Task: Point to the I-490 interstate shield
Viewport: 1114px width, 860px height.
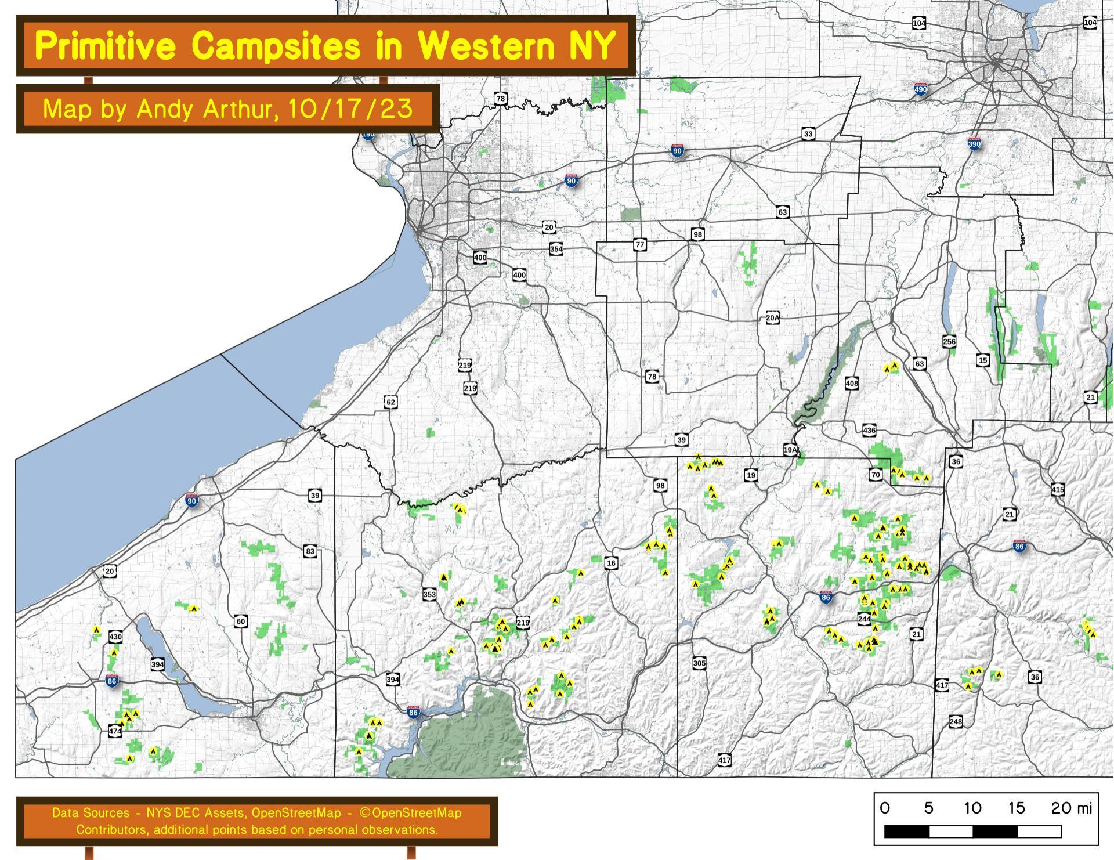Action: coord(920,89)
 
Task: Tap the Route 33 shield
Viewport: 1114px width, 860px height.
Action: coord(808,135)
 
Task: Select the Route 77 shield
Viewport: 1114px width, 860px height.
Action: coord(639,244)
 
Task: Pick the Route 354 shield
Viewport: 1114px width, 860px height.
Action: coord(556,250)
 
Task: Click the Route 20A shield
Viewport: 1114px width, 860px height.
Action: coord(772,318)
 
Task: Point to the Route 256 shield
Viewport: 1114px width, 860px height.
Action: coord(949,341)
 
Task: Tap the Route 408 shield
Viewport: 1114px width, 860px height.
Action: coord(851,384)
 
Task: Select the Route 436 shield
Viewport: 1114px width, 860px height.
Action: coord(869,430)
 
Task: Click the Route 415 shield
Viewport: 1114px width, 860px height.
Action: coord(1057,490)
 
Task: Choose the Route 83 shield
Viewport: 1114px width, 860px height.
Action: coord(310,551)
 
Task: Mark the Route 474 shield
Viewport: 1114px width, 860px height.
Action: coord(115,731)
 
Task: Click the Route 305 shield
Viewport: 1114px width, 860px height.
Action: coord(699,663)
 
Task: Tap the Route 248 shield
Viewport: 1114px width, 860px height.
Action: coord(955,722)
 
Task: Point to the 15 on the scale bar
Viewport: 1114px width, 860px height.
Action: coord(1017,808)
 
